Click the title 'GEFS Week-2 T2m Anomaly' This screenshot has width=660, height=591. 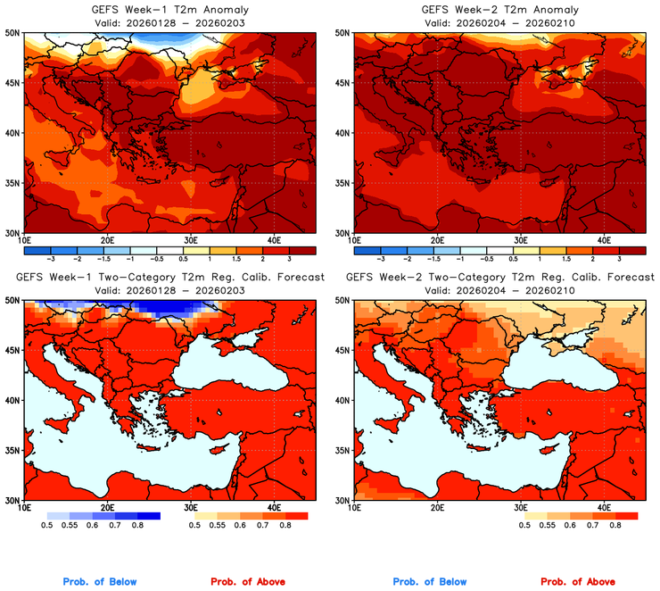(498, 10)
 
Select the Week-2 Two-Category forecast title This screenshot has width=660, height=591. (498, 278)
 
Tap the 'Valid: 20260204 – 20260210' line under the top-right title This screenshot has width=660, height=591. (498, 23)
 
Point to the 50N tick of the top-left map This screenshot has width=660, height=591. (12, 32)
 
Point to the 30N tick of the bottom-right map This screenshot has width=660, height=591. (342, 501)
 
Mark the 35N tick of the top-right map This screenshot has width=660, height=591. (342, 183)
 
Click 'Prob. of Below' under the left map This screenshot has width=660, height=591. (100, 582)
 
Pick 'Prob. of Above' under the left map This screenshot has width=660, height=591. (247, 582)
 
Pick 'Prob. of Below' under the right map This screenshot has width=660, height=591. (429, 582)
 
